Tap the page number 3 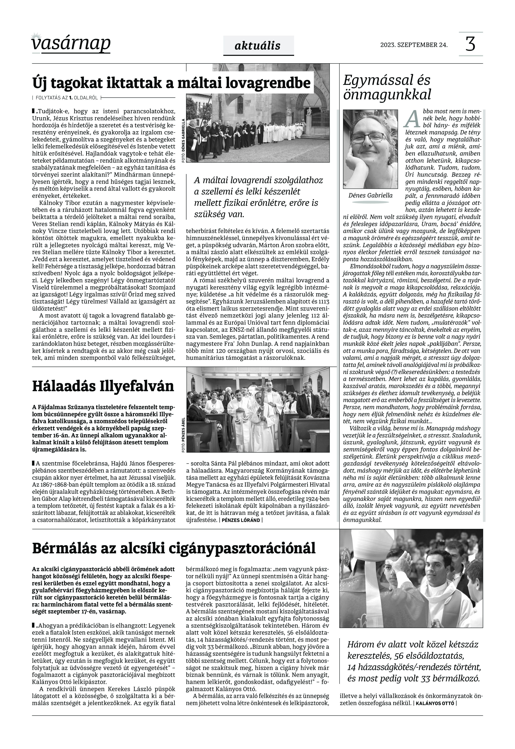pos(470,44)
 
